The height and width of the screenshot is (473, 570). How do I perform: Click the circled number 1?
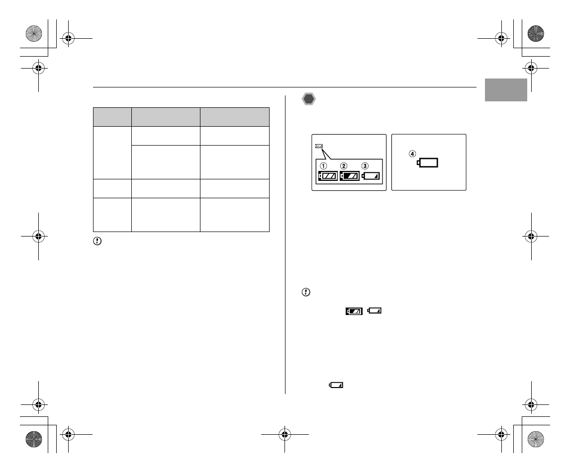[x=323, y=166]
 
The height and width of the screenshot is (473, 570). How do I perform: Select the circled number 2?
[x=344, y=166]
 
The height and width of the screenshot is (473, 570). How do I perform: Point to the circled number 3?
[x=365, y=166]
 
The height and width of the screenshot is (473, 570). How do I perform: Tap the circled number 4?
[x=412, y=154]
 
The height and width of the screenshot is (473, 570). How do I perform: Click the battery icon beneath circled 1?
[x=328, y=176]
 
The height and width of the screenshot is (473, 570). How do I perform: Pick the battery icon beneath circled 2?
[x=350, y=176]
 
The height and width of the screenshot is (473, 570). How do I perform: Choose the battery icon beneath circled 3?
[x=371, y=176]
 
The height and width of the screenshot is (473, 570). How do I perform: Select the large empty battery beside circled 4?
[x=428, y=162]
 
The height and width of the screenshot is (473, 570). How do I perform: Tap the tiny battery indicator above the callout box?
[x=319, y=146]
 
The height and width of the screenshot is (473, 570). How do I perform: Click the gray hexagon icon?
[x=309, y=99]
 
